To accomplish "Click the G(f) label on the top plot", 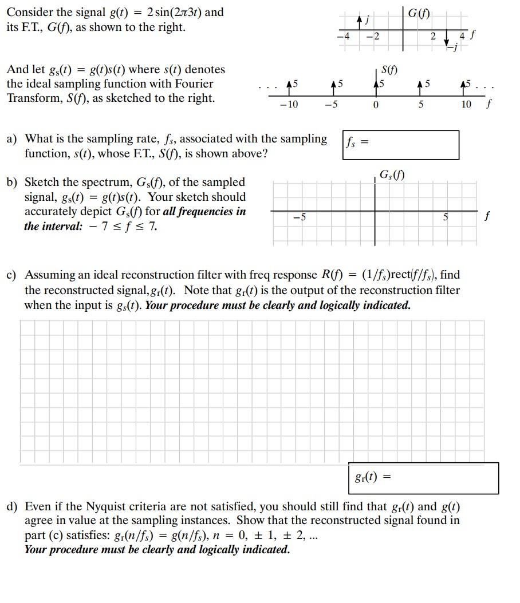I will tap(420, 13).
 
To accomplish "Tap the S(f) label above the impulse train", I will tap(389, 70).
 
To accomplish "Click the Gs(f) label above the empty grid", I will tap(392, 174).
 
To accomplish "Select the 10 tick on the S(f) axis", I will tap(466, 104).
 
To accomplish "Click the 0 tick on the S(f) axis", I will tap(376, 105).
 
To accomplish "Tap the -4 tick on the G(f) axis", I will tap(344, 36).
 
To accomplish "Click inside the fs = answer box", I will tap(409, 145).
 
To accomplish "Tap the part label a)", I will tap(11, 139).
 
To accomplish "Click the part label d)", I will tap(11, 506).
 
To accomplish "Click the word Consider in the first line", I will tap(27, 12).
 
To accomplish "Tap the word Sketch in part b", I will tap(40, 183).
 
